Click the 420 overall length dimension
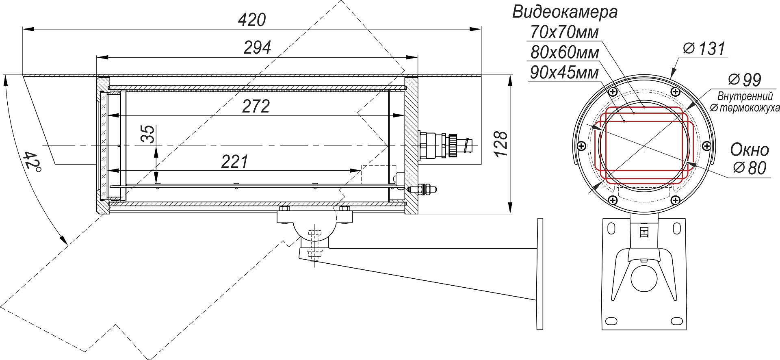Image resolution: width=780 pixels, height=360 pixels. point(251,20)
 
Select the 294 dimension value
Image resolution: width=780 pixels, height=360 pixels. point(257,48)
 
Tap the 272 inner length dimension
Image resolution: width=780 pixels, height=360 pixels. point(256,106)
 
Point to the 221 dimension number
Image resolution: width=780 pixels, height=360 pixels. point(234,162)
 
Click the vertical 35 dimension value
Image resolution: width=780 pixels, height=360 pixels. point(148,134)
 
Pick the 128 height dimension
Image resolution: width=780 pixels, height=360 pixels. point(501,144)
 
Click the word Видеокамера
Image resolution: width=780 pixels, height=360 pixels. point(565,12)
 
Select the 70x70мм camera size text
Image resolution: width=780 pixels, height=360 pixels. point(564,33)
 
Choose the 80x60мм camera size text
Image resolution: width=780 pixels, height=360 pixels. point(564,53)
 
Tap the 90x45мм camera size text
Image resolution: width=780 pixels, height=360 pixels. point(564,73)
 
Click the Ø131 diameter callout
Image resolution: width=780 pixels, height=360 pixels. point(704,49)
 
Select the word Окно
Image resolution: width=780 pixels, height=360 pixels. point(750,150)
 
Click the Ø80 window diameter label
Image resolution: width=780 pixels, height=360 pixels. point(750,168)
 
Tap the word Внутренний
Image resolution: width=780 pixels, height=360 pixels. point(745,97)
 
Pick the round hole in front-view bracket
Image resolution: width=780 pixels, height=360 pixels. point(644,278)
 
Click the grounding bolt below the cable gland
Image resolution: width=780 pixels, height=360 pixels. point(422,189)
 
